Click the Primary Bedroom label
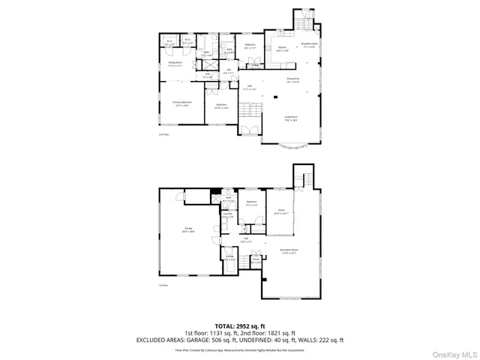click(182, 103)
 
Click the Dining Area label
click(292, 79)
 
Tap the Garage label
click(188, 230)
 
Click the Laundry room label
click(228, 215)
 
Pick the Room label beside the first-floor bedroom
click(281, 213)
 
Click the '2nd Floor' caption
click(163, 135)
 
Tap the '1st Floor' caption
click(163, 286)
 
